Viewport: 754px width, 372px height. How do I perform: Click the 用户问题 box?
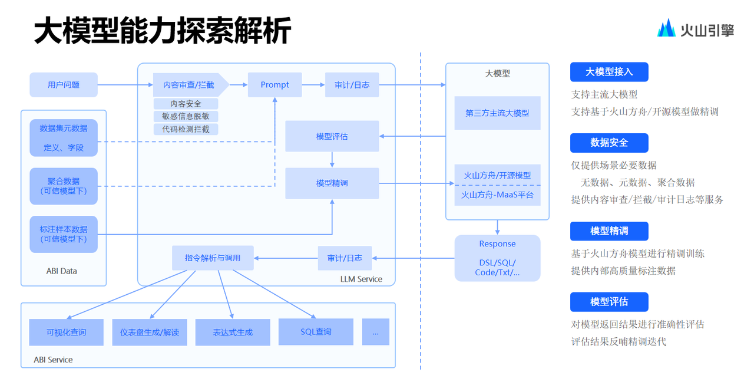64,85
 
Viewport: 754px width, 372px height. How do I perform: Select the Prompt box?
275,85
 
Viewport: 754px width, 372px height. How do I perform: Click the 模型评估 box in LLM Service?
332,136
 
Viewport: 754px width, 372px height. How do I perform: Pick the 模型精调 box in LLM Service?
332,183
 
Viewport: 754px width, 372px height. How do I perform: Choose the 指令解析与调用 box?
213,258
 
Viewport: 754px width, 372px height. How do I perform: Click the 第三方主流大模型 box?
497,113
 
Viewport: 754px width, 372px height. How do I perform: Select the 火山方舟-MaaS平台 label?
497,195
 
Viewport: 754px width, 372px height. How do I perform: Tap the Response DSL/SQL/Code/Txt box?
497,258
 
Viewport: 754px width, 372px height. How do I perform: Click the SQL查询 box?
316,332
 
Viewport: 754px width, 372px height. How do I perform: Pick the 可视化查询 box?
66,332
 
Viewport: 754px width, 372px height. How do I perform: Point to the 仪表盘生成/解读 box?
150,332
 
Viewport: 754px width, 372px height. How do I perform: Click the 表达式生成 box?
233,332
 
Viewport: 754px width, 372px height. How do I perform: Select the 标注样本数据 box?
64,234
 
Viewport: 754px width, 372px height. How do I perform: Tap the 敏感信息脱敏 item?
186,116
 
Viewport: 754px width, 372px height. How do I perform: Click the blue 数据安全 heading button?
609,143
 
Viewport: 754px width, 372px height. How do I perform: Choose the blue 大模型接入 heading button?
609,72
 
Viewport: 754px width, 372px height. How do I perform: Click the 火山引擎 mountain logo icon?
667,28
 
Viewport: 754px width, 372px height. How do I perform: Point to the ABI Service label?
53,360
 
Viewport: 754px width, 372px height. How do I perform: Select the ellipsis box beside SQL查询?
375,332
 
